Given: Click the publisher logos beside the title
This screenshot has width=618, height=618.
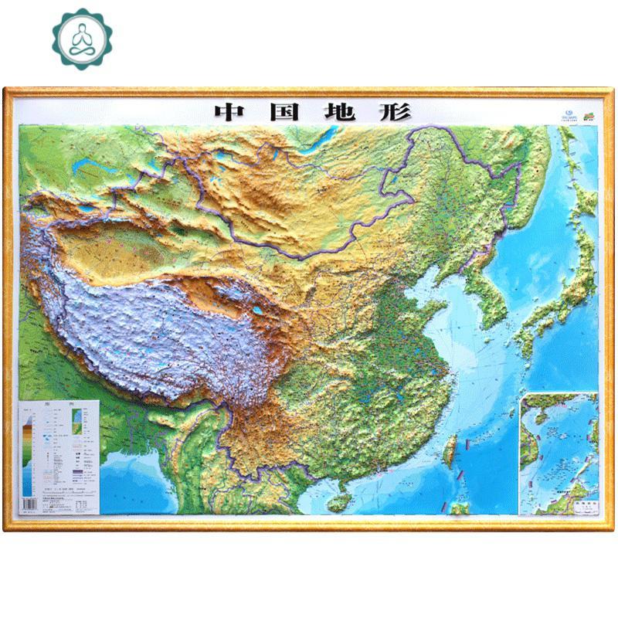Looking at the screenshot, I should click(572, 114).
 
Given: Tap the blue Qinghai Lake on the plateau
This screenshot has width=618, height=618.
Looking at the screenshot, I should click(254, 313).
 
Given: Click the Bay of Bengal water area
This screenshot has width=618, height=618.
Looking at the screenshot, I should click(124, 471).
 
